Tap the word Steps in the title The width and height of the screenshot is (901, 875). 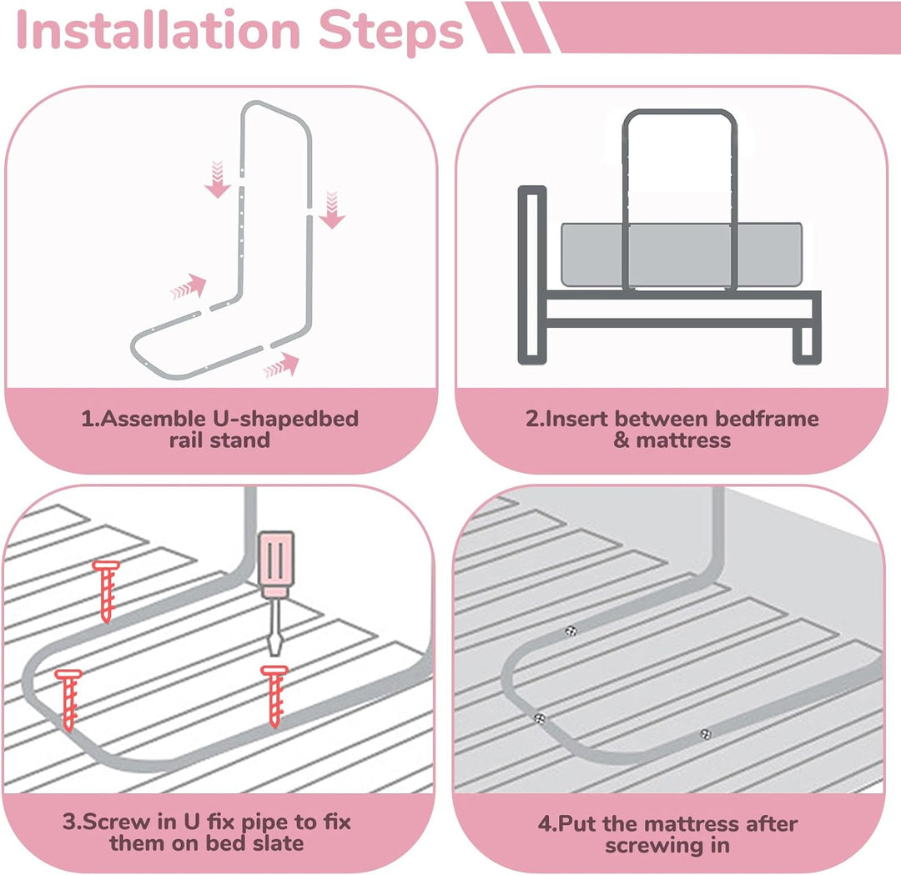[x=390, y=33]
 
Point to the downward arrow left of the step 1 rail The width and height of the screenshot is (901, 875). [x=217, y=179]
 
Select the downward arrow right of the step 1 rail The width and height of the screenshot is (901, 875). [x=332, y=209]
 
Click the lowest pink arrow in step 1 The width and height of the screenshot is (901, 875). [x=282, y=366]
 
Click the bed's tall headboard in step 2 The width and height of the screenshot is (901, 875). [x=532, y=274]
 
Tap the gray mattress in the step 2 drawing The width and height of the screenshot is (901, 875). [x=682, y=254]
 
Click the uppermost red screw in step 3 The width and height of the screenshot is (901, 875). [x=106, y=591]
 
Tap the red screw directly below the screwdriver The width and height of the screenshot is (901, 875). [x=274, y=696]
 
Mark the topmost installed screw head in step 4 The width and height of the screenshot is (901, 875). [x=571, y=631]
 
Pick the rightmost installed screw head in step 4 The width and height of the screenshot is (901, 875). [x=706, y=734]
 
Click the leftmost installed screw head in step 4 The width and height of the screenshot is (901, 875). [x=540, y=719]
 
